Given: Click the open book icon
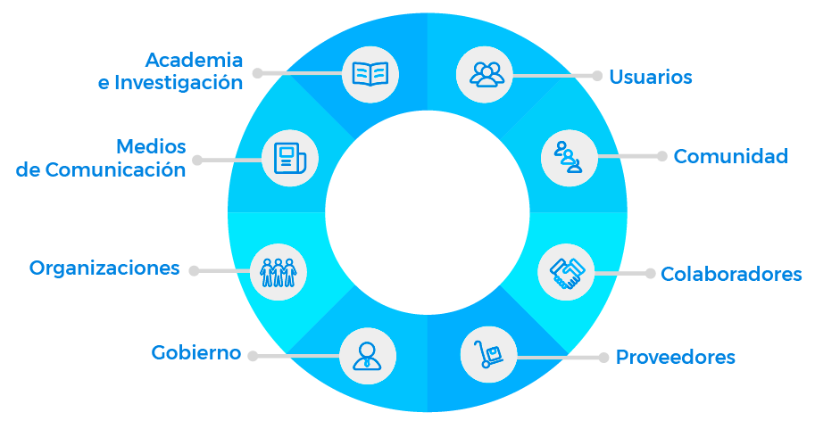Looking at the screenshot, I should [370, 73].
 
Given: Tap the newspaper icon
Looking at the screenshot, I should [289, 159].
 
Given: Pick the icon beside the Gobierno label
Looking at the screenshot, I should [367, 355].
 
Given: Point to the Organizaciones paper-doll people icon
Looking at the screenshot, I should [279, 270].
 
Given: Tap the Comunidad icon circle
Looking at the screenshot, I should [569, 157].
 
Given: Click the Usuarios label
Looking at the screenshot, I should [650, 77].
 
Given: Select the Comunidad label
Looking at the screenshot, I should [730, 156].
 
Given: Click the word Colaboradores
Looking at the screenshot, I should [731, 274].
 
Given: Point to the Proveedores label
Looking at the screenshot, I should [675, 357].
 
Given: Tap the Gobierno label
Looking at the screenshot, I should [196, 352].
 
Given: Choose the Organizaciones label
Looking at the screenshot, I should [104, 268].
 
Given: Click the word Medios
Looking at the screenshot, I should [151, 146].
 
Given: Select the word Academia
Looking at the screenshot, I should [194, 60].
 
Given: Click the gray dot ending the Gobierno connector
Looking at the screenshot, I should [253, 356].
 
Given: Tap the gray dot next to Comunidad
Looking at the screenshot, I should [661, 156].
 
